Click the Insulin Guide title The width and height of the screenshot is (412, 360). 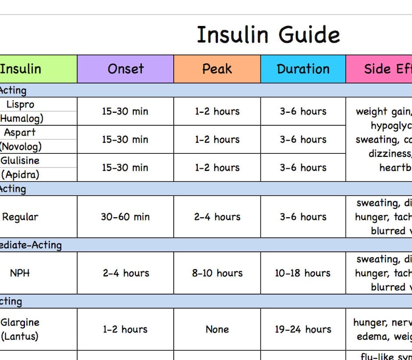pos(268,35)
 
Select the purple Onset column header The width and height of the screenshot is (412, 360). pos(126,69)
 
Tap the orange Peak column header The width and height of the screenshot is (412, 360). pos(217,69)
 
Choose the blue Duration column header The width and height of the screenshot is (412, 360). pos(303,69)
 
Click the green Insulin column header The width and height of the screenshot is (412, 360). pos(21,69)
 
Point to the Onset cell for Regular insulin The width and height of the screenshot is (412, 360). pos(125,217)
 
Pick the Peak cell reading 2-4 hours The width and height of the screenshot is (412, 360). pos(217,217)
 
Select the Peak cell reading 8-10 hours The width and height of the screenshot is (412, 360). pos(217,273)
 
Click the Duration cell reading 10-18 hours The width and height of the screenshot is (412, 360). pos(303,273)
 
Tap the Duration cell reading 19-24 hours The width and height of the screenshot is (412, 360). pos(303,329)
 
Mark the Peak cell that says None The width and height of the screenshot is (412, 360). pos(217,329)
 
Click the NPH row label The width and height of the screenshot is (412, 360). pos(20,273)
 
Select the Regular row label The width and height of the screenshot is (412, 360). pos(20,217)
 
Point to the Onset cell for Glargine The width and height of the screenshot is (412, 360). pos(125,329)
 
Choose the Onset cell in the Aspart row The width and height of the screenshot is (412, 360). pos(125,139)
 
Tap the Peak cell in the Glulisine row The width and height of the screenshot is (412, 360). pos(217,167)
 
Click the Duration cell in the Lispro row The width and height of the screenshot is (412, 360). pos(303,111)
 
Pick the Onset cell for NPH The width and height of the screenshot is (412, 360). pos(125,273)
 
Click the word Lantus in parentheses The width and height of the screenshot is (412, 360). pos(21,336)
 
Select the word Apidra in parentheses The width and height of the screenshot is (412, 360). pos(21,175)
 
